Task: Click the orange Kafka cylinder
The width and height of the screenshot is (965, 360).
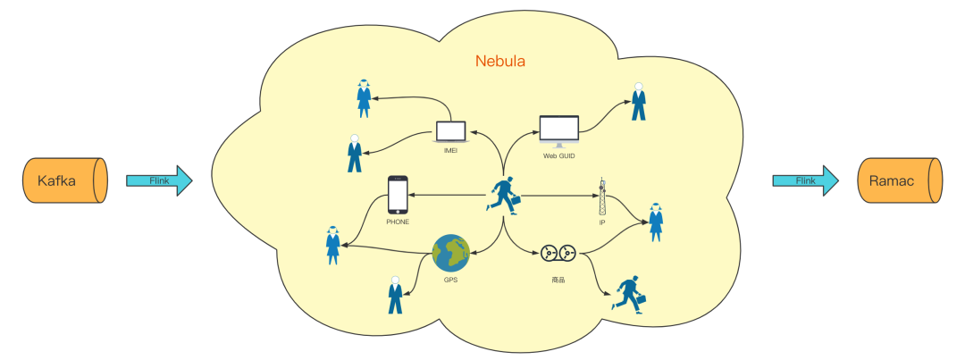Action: pyautogui.click(x=64, y=180)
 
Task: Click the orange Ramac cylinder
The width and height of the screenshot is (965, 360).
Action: pyautogui.click(x=899, y=180)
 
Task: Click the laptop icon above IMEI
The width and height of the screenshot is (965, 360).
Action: pyautogui.click(x=451, y=132)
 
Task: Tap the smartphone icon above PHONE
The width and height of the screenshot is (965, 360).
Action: pyautogui.click(x=398, y=194)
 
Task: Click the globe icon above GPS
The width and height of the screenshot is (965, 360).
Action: pyautogui.click(x=450, y=254)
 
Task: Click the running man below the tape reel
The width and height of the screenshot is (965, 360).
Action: pyautogui.click(x=628, y=293)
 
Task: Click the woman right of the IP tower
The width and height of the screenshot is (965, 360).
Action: pyautogui.click(x=656, y=222)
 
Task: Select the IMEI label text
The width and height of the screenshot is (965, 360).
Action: pyautogui.click(x=451, y=151)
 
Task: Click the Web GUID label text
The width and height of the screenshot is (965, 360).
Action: pyautogui.click(x=558, y=155)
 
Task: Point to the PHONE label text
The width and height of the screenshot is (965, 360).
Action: pyautogui.click(x=398, y=222)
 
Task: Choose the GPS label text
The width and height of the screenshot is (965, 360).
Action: pyautogui.click(x=450, y=280)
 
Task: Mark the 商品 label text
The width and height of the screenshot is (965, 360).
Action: pyautogui.click(x=558, y=280)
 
